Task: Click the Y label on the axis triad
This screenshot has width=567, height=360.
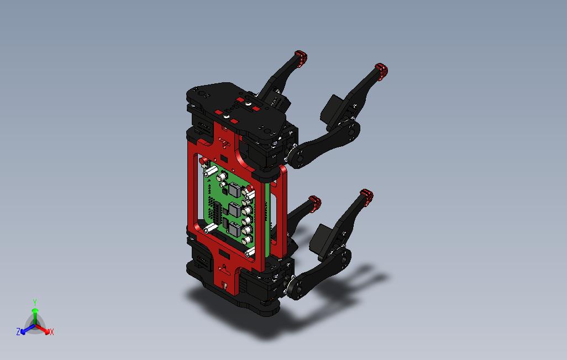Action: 35,302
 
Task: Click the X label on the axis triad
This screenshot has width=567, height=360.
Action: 52,332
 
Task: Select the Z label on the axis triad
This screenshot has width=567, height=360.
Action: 18,331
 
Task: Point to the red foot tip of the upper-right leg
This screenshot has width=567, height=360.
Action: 381,70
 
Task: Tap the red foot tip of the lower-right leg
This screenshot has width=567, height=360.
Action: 366,196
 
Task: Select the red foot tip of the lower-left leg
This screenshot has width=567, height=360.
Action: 314,202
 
